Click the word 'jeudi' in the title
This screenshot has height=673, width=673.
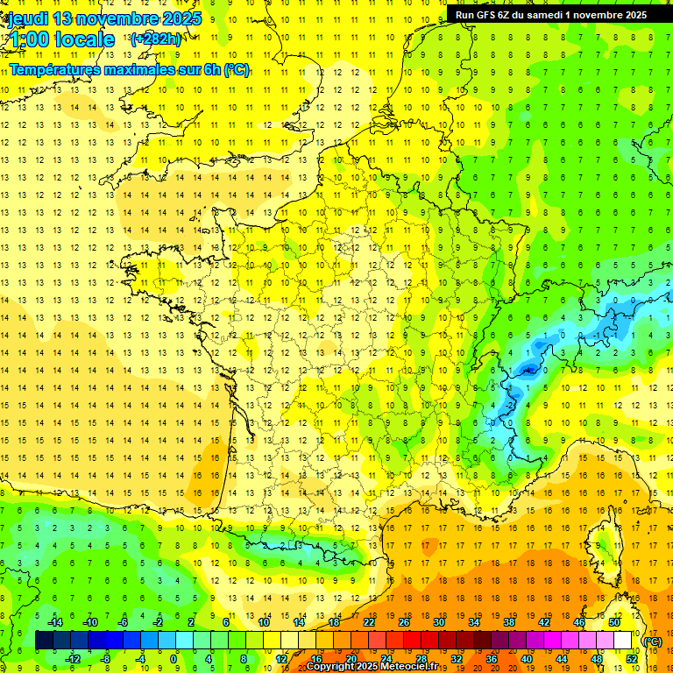point(28,18)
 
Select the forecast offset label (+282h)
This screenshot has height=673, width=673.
point(155,39)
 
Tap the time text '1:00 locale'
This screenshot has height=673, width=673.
point(61,39)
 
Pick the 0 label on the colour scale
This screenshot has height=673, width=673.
point(174,659)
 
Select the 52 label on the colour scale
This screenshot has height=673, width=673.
point(632,659)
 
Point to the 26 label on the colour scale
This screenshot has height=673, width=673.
point(404,622)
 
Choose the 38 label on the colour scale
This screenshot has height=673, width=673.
point(509,622)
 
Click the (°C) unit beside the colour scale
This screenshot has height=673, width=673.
point(652,641)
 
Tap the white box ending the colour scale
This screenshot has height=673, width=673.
point(623,641)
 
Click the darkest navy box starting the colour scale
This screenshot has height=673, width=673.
point(44,641)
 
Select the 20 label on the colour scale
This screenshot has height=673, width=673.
point(351,659)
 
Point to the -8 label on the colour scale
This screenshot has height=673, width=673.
point(105,659)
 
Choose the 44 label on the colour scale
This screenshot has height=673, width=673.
point(561,659)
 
